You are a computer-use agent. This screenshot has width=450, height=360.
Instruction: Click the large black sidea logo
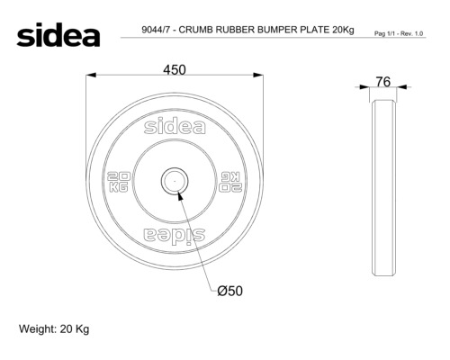point(58,34)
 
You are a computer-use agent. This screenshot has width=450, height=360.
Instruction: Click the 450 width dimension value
point(175,70)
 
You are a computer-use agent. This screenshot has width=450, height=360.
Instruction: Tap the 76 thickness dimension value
point(383,82)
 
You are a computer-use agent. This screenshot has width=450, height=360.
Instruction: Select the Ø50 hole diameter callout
point(230,291)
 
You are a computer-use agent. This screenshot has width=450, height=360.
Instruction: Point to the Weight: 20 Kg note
point(54,329)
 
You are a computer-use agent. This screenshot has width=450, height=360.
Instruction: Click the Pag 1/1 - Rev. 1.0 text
point(399,33)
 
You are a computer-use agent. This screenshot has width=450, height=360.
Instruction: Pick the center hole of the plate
point(175,181)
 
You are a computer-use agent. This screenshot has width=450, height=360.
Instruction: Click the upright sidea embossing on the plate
point(175,127)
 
